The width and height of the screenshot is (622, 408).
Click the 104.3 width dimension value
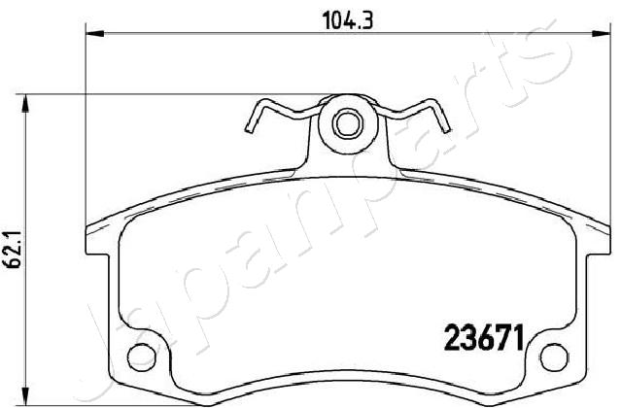348,20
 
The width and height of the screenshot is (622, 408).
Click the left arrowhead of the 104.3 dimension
95,34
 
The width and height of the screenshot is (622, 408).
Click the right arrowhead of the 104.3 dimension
601,34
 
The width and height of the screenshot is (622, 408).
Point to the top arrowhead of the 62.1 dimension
25,104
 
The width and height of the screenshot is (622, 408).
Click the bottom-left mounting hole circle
141,357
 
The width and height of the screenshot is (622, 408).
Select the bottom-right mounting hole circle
554,357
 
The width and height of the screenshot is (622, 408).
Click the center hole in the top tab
348,124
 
